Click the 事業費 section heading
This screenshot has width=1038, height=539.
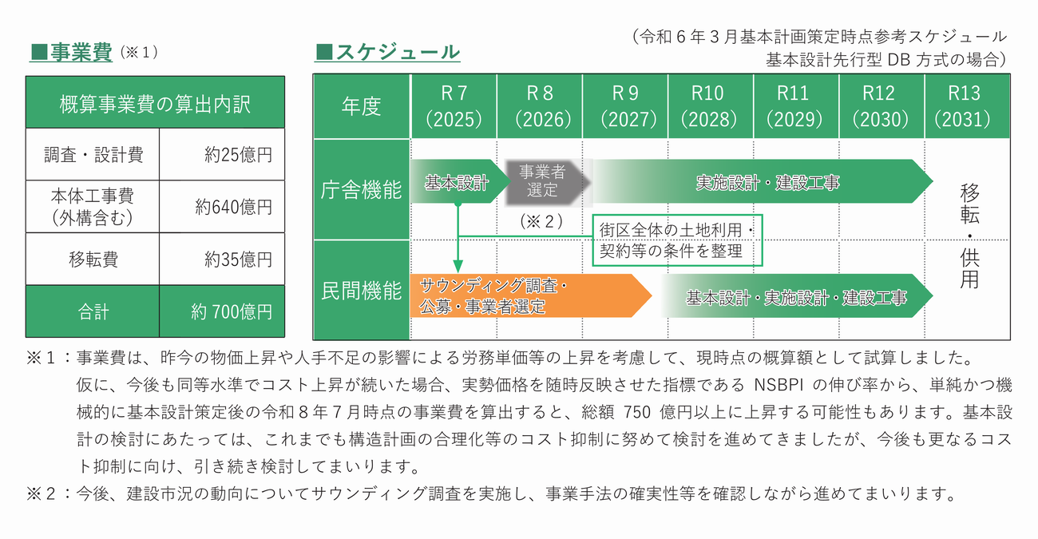(x=80, y=53)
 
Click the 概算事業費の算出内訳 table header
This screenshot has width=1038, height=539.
(x=155, y=104)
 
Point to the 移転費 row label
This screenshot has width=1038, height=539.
(x=93, y=260)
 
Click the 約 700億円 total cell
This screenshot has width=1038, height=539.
(x=232, y=311)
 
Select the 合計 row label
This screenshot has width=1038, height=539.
(x=93, y=311)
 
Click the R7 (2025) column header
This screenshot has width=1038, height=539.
(x=454, y=106)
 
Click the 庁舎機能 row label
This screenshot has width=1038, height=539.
(x=361, y=190)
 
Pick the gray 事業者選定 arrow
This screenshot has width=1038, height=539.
(x=545, y=182)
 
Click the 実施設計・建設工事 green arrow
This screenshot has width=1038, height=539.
(x=767, y=183)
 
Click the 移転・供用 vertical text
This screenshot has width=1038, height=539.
(x=969, y=236)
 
